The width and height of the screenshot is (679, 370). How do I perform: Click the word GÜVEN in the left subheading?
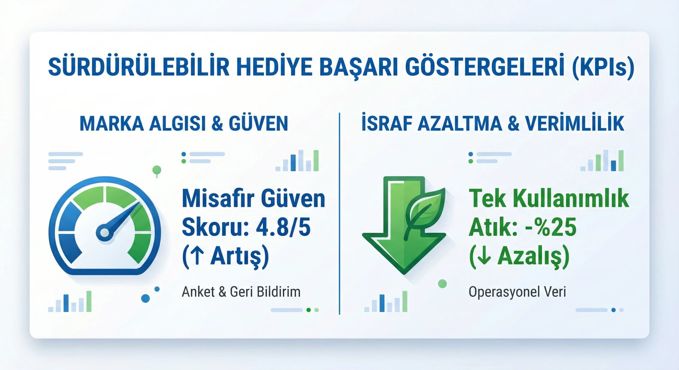pyautogui.click(x=258, y=124)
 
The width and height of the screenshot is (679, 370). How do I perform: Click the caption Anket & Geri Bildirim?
pyautogui.click(x=241, y=292)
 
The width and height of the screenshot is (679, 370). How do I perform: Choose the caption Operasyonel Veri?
pyautogui.click(x=517, y=292)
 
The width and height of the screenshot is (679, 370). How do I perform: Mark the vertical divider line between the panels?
pyautogui.click(x=339, y=213)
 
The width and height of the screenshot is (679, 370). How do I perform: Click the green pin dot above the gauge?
pyautogui.click(x=157, y=170)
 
